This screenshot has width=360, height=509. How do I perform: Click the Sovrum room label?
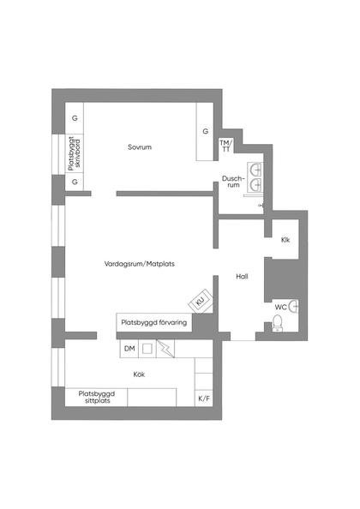(x=139, y=147)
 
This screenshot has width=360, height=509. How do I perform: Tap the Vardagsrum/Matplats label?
(x=139, y=264)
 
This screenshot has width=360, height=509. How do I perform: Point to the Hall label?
(x=242, y=277)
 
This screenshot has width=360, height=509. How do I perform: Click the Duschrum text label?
(x=231, y=183)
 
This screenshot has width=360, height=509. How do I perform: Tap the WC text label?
(x=280, y=306)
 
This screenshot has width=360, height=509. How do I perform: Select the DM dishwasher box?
(x=129, y=348)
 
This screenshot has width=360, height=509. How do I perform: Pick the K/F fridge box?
(x=203, y=398)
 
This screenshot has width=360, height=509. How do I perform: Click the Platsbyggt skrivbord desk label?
(x=75, y=156)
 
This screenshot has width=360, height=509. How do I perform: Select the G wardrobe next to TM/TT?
(x=205, y=131)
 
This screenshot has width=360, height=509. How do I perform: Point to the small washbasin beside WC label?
(x=294, y=304)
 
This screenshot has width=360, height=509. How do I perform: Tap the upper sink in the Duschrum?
(x=256, y=168)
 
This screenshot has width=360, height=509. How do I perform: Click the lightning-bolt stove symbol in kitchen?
(x=165, y=349)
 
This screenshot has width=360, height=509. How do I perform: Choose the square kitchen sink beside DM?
(x=147, y=349)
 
